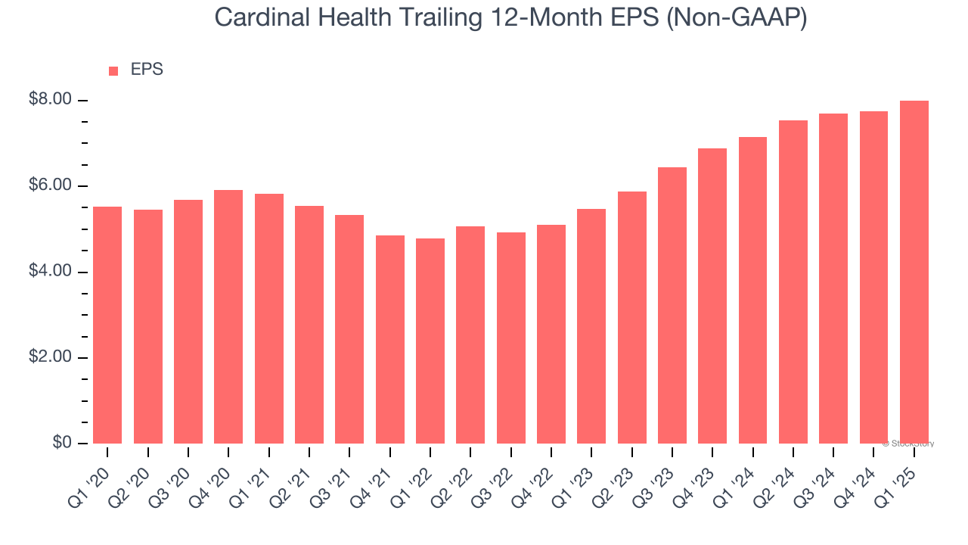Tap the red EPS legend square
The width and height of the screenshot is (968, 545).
[x=113, y=70]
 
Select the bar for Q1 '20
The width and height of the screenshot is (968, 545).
[x=107, y=325]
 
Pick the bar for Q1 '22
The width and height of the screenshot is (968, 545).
[x=430, y=341]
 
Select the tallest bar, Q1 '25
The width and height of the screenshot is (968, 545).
[x=914, y=272]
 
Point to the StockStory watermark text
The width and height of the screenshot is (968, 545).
[x=908, y=444]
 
